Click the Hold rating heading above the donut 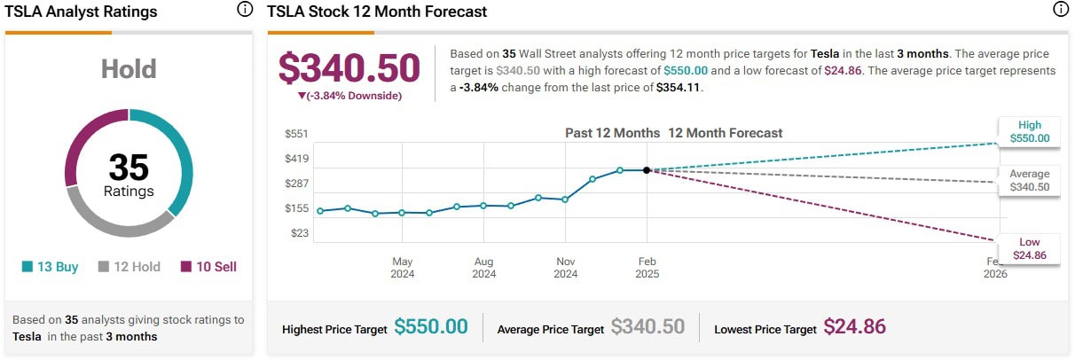coord(129,69)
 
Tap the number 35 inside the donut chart coord(129,168)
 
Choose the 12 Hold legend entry coord(129,266)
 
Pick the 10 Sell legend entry coord(208,266)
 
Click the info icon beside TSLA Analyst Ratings coord(244,11)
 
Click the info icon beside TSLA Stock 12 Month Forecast coord(1059,11)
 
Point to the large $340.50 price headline coord(349,68)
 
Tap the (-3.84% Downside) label coord(349,96)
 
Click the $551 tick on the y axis coord(296,133)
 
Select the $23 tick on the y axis coord(299,233)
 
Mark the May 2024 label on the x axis coord(403,268)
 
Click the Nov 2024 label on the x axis coord(566,268)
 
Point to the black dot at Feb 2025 coord(647,169)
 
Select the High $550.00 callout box coord(1029,131)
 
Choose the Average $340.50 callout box coord(1029,181)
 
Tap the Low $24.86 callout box coord(1029,248)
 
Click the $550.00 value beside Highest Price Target coord(431,327)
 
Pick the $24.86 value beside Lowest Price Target coord(855,327)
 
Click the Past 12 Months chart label coord(612,133)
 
